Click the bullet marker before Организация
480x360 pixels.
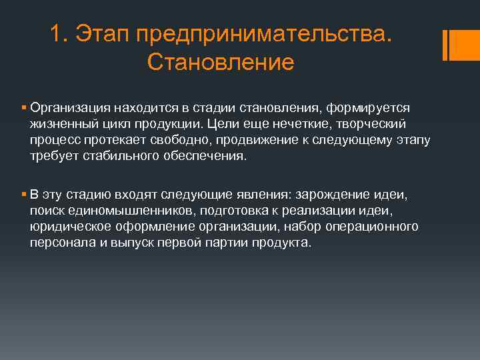point(23,107)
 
